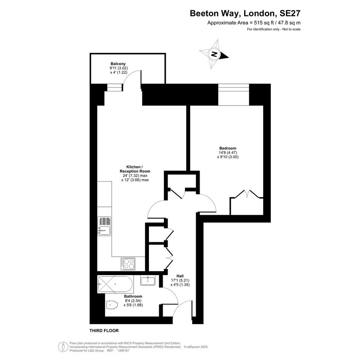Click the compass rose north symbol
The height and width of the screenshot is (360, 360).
pyautogui.click(x=214, y=54)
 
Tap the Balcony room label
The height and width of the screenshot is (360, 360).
pyautogui.click(x=118, y=64)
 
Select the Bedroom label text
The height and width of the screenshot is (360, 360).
pyautogui.click(x=228, y=148)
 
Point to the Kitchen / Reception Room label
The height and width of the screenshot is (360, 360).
pyautogui.click(x=135, y=169)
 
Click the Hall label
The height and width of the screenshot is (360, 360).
pyautogui.click(x=180, y=276)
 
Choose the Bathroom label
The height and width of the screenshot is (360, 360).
pyautogui.click(x=133, y=296)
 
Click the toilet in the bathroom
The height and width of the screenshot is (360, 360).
pyautogui.click(x=112, y=305)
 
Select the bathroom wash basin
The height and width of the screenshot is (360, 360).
pyautogui.click(x=148, y=280)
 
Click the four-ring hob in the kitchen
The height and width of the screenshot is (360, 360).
pyautogui.click(x=128, y=264)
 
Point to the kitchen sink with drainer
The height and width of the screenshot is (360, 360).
pyautogui.click(x=104, y=226)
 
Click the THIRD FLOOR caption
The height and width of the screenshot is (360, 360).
pyautogui.click(x=104, y=331)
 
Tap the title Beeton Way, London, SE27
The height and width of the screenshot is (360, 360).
pyautogui.click(x=245, y=13)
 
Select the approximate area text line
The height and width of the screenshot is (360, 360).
pyautogui.click(x=254, y=23)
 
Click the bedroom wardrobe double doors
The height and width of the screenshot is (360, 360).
pyautogui.click(x=247, y=194)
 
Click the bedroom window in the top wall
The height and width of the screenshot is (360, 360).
pyautogui.click(x=234, y=94)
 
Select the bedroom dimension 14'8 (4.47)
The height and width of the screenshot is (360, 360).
pyautogui.click(x=228, y=153)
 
